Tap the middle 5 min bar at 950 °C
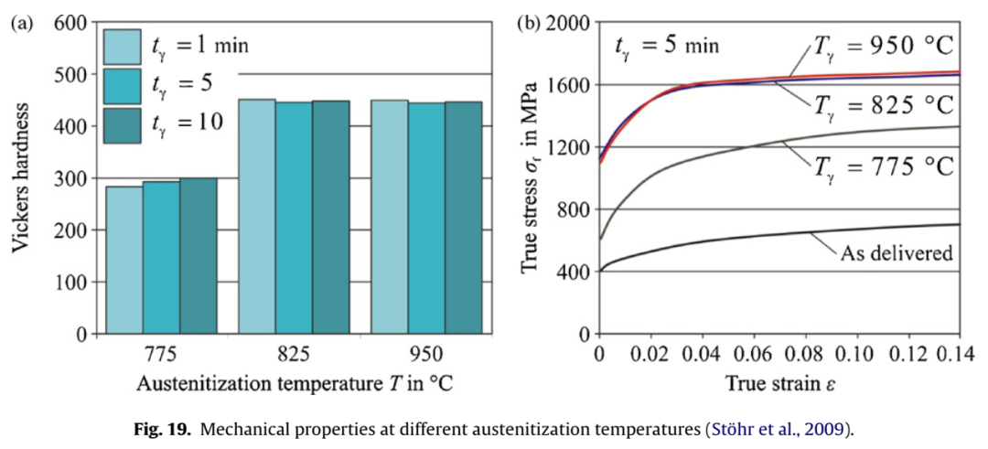426,219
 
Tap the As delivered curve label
896,252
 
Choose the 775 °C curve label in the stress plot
884,166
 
